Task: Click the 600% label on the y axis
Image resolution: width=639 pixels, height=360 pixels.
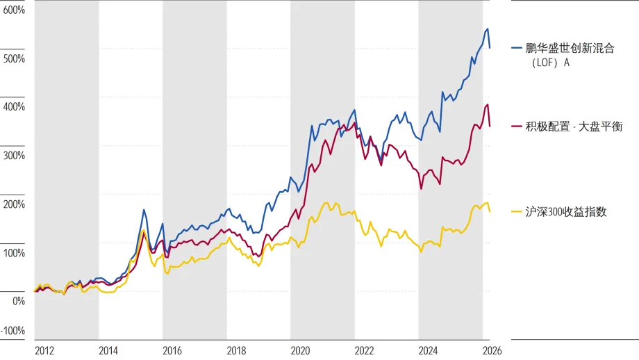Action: (14, 10)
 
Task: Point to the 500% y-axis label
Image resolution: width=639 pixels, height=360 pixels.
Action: (14, 58)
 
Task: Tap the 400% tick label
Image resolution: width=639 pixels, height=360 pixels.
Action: (14, 107)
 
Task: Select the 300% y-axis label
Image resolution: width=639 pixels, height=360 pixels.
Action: (14, 156)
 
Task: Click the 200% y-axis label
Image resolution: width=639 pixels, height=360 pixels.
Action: (14, 204)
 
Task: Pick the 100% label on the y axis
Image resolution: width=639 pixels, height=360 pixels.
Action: (14, 253)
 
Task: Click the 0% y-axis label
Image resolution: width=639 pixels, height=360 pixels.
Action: (19, 302)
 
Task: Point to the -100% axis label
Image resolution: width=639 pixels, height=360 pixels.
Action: (13, 331)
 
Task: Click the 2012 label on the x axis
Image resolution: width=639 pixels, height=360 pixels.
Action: (44, 351)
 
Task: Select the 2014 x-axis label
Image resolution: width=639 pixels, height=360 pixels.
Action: (108, 351)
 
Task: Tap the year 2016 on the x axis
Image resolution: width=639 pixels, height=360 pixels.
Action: (172, 351)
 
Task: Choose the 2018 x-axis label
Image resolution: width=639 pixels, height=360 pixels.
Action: (236, 351)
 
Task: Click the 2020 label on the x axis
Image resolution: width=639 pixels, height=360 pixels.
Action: (300, 351)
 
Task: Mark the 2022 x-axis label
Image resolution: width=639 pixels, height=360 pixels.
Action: (365, 351)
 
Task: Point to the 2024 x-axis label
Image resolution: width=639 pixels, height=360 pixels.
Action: (429, 351)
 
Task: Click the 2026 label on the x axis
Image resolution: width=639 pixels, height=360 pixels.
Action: (492, 351)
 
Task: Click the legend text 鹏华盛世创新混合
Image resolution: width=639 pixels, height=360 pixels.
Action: (570, 49)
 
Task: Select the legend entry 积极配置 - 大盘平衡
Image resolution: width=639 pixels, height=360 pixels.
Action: (574, 126)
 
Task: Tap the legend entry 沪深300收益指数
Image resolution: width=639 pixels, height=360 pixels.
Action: (566, 212)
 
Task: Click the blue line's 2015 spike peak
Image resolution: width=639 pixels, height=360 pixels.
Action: (144, 210)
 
